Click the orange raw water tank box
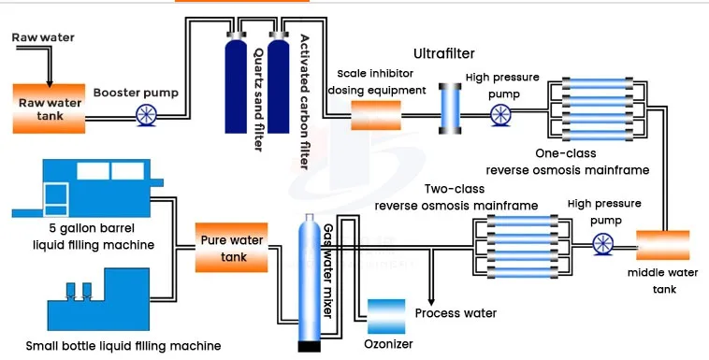click(51, 108)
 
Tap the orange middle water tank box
click(662, 246)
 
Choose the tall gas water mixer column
click(310, 281)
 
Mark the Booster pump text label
click(134, 93)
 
